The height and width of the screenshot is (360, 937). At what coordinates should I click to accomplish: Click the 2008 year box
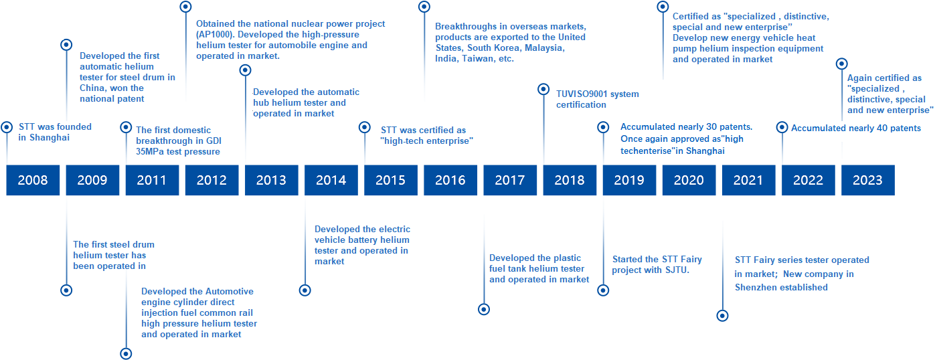coord(33,180)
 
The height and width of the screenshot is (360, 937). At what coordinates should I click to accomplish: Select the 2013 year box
coord(272,180)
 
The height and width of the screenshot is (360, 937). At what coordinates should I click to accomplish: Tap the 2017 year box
coord(510,180)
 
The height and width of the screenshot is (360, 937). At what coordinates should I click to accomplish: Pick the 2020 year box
coord(689,180)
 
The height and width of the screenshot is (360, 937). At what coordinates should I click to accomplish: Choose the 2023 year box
coord(868,180)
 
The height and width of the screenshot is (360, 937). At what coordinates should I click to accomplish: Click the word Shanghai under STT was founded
coord(50,138)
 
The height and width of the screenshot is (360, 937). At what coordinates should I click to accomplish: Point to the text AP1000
coord(216,35)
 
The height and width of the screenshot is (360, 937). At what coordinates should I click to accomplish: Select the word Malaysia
coord(544,48)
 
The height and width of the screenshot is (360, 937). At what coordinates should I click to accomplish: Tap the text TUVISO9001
coord(582,94)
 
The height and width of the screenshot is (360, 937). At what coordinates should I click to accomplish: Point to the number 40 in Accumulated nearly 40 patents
coord(882,128)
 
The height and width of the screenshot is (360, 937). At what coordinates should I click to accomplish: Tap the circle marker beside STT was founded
coord(7,127)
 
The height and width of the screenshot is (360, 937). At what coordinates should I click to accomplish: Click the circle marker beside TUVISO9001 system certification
coord(543,89)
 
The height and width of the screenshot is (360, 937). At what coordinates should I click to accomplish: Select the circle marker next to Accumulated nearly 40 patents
coord(782,127)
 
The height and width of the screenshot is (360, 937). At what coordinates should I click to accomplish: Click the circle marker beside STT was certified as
coord(365,127)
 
